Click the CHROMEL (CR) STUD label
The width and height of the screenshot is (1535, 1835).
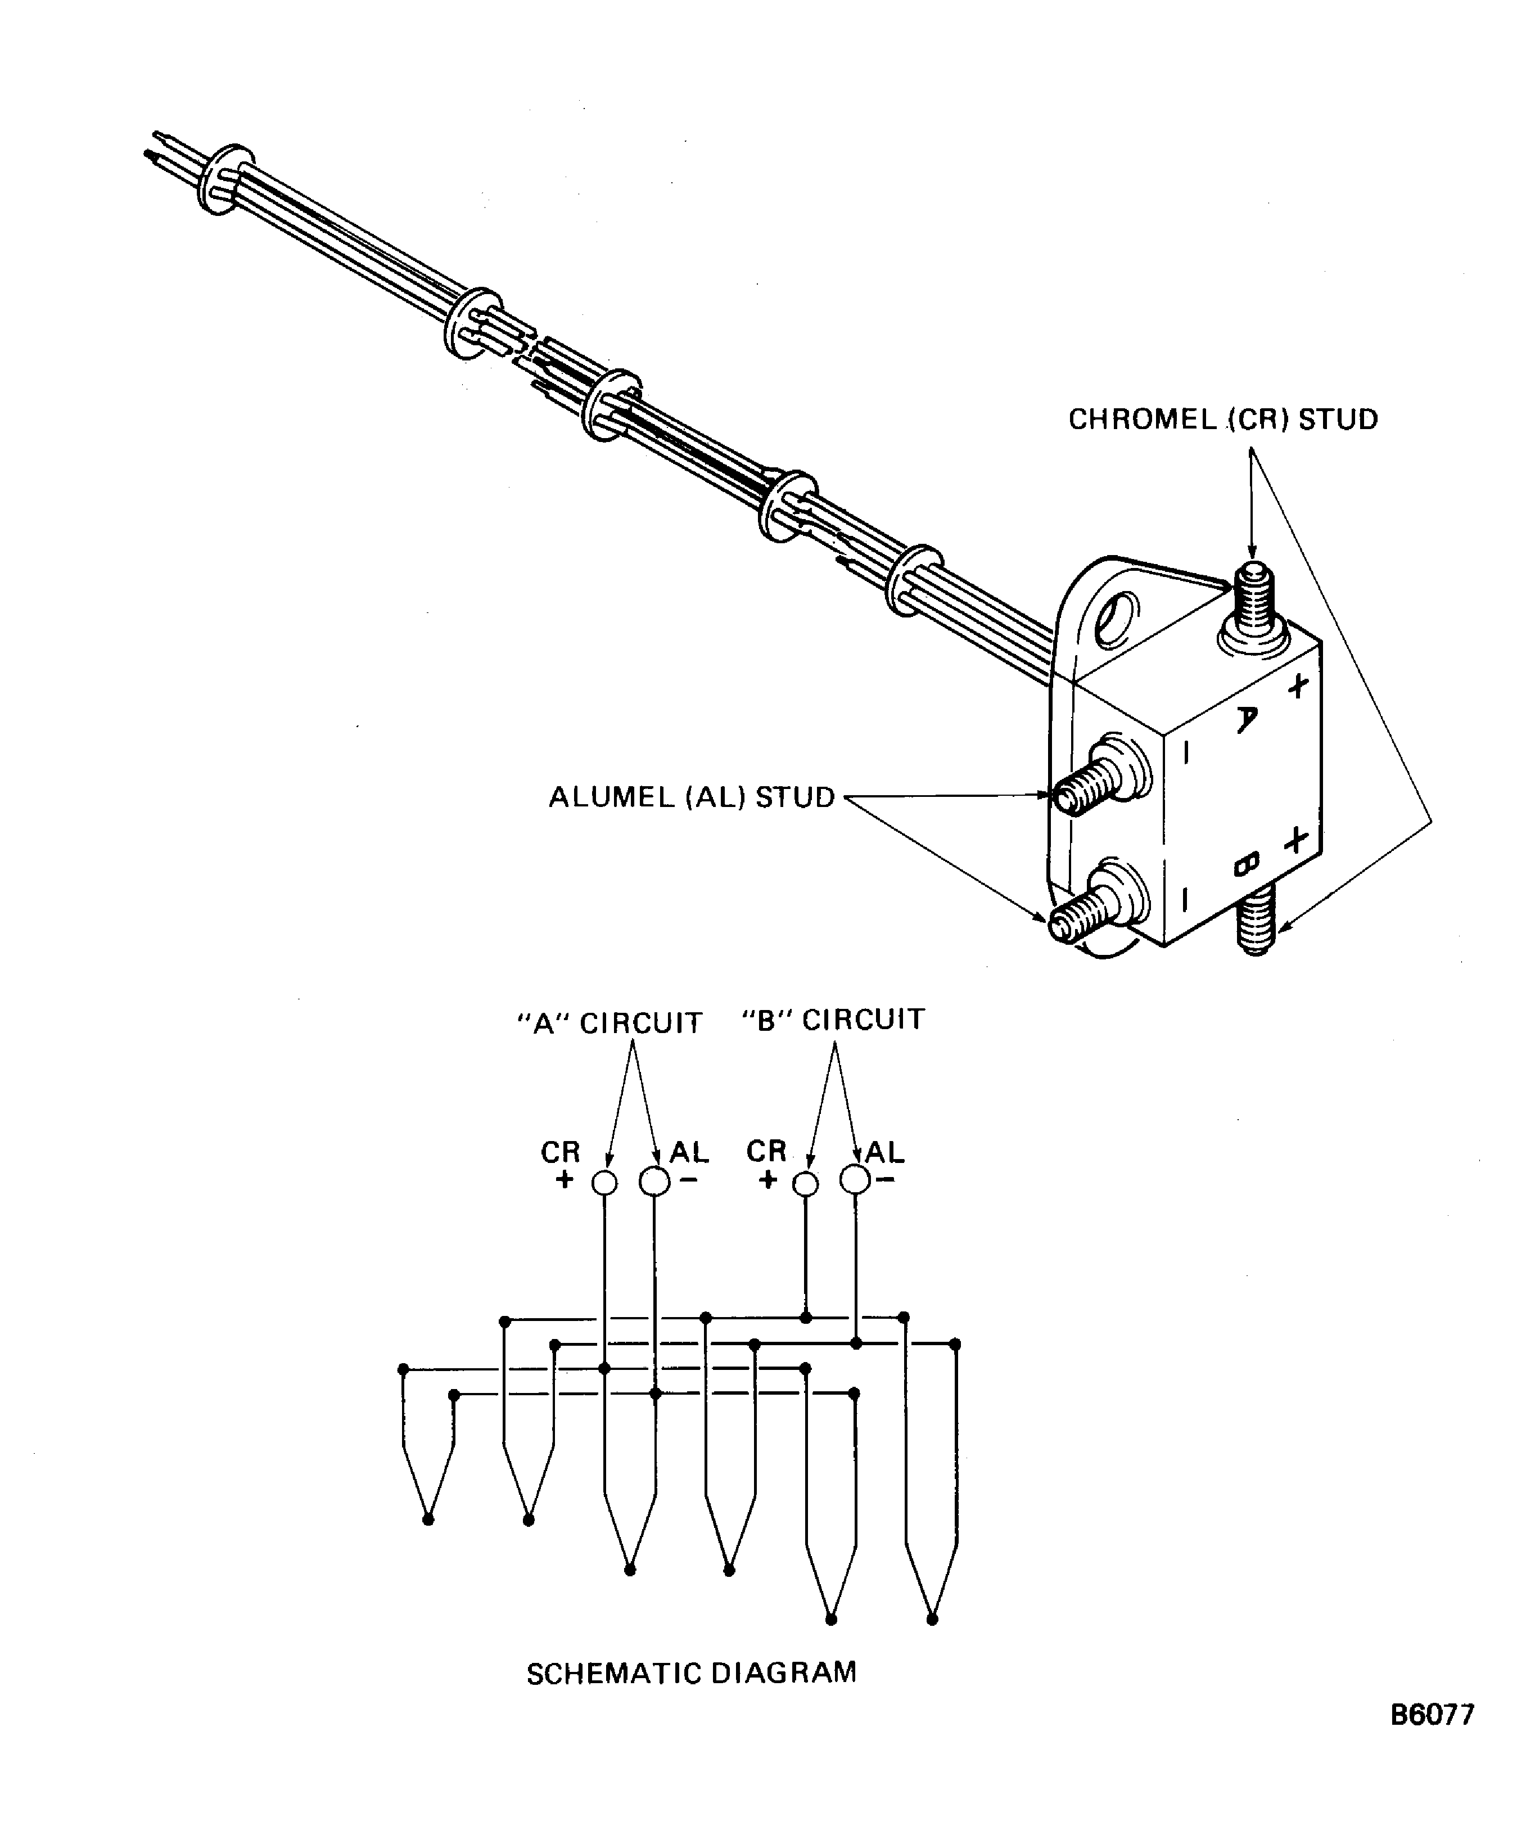coord(1222,420)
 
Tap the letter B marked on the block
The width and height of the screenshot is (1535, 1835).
coord(1247,865)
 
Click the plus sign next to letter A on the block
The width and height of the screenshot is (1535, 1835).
coord(1299,684)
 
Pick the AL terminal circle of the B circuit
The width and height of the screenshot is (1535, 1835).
coord(855,1180)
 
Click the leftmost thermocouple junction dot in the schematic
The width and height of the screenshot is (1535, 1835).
coord(427,1520)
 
